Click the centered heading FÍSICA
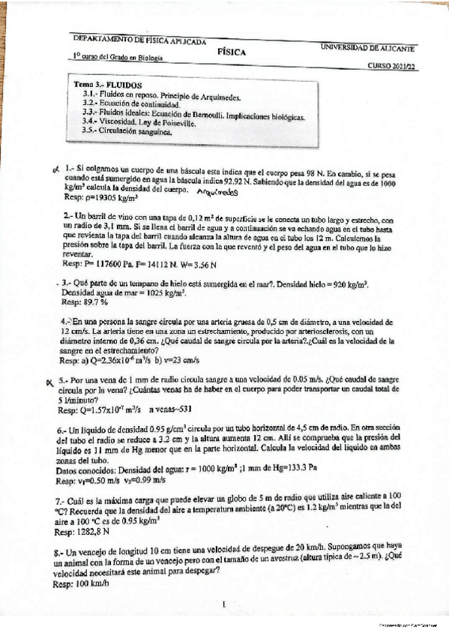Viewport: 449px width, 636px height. [x=231, y=52]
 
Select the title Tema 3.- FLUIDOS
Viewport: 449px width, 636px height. [x=105, y=85]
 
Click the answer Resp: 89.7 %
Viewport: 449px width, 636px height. [x=85, y=301]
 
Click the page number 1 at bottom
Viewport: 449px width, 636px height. [x=224, y=601]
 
